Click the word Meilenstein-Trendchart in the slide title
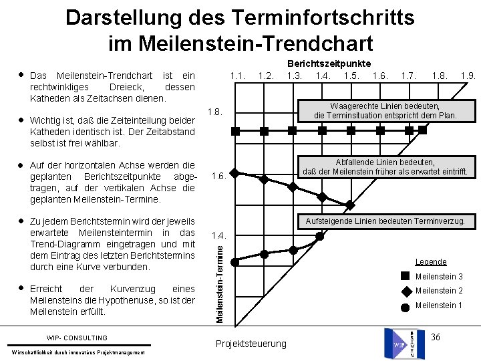240,43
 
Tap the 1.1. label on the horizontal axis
237,76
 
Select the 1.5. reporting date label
351,76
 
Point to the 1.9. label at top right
468,76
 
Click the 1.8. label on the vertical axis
216,111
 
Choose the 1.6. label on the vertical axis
218,176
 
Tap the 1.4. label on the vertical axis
218,236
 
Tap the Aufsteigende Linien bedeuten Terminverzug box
388,221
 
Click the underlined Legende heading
430,261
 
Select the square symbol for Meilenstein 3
406,276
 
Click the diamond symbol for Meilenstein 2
406,291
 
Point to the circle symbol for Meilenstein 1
406,306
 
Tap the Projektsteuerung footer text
251,344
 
